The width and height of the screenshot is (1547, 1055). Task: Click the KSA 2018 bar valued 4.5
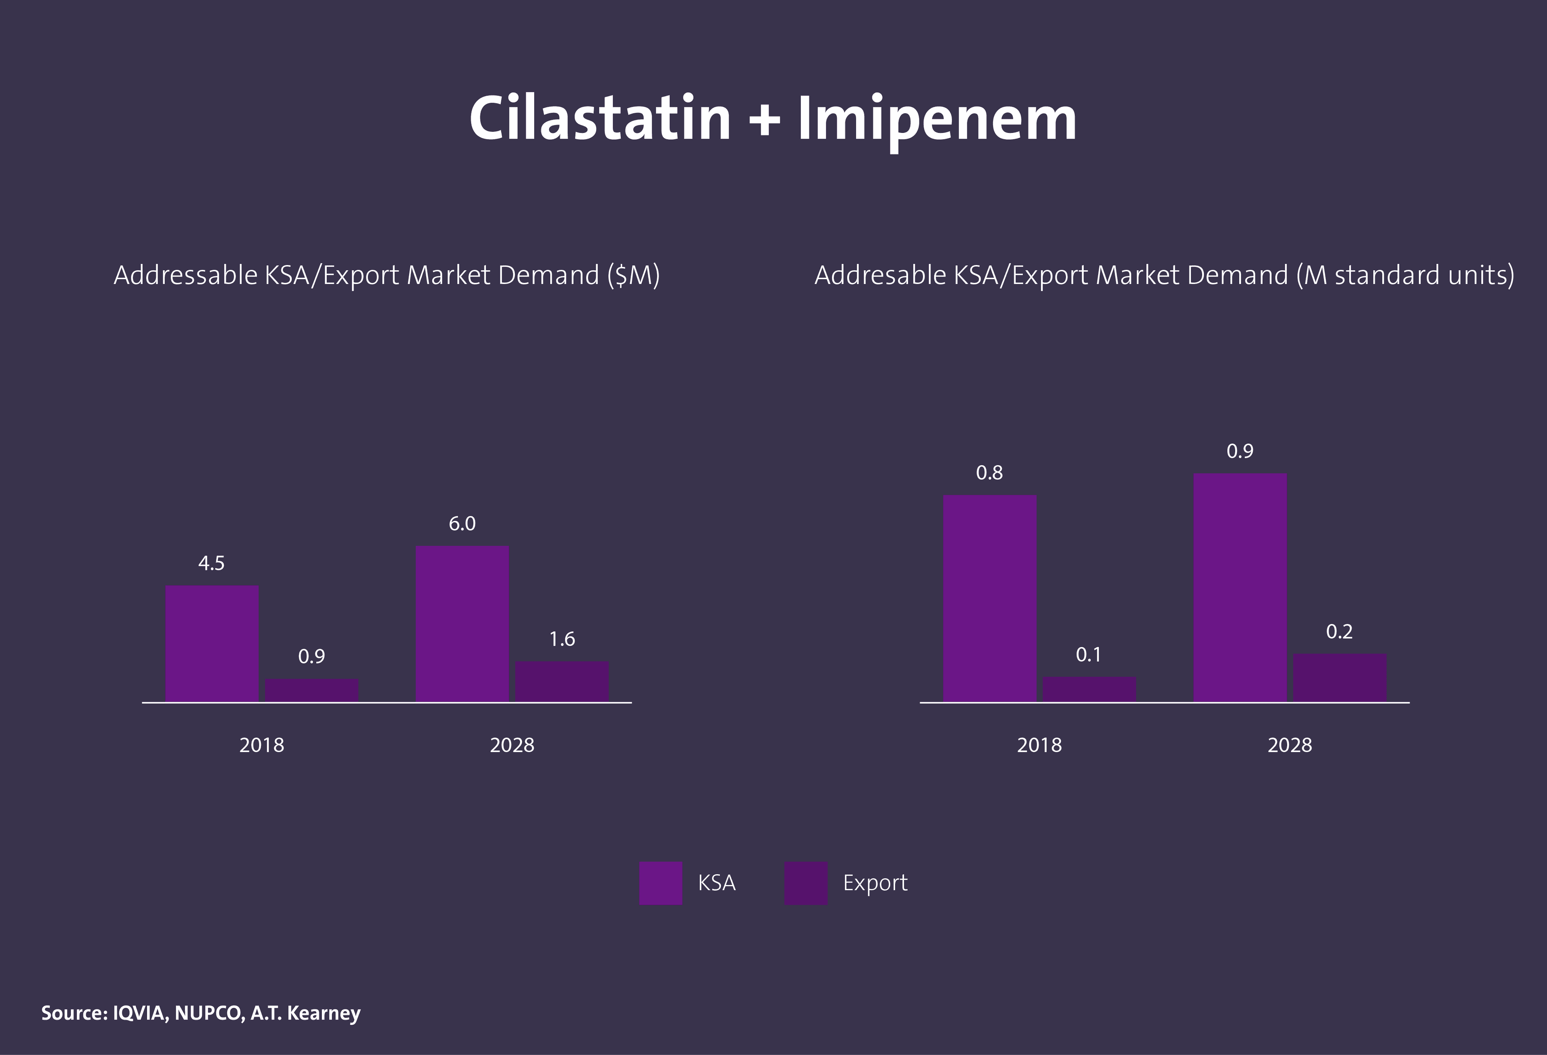pos(212,643)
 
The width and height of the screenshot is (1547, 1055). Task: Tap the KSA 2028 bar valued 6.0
pos(462,623)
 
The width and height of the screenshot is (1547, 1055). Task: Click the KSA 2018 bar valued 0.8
pos(990,598)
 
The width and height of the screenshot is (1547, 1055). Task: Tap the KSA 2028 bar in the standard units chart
pos(1240,587)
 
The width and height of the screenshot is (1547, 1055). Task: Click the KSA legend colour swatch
pos(660,883)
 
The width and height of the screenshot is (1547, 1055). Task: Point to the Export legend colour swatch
pos(805,883)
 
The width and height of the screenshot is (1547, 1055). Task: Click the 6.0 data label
pos(462,524)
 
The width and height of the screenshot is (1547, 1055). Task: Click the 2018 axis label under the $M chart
pos(261,745)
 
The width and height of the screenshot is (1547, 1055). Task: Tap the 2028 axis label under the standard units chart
pos(1290,745)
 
